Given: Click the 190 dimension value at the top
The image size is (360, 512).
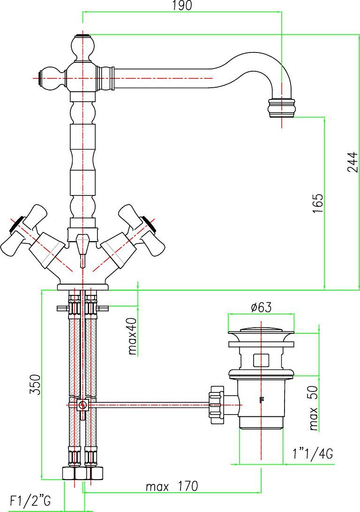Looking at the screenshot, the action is coord(182,6).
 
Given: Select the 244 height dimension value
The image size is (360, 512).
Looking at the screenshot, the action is coord(353,162).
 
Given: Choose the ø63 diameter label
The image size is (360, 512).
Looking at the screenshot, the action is coord(261,307).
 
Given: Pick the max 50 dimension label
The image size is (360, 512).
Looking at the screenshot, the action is coord(313,408).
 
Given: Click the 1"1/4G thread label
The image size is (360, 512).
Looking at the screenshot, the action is coord(313,453).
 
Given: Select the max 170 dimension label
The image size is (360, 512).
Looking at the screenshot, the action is coord(172,487).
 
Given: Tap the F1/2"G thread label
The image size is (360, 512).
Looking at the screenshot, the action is coord(30,501).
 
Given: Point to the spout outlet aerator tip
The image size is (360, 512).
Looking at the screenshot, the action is coord(281,107).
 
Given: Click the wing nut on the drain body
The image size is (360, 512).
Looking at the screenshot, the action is coord(217,405).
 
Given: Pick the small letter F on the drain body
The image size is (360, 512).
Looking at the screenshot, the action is coord(261,399).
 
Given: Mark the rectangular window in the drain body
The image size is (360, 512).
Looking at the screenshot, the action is coord(262,360).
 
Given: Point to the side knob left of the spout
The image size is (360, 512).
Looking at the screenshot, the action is coord(52,78).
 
